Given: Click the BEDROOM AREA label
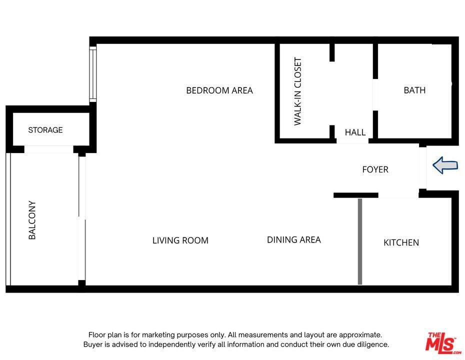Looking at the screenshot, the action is [x=219, y=90].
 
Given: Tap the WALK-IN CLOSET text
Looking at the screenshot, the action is [x=297, y=91].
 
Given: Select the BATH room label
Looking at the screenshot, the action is [x=414, y=90].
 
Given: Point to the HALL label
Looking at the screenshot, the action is [x=355, y=132].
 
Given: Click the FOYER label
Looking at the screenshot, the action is [x=375, y=169].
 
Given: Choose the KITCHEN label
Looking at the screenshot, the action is [x=401, y=242].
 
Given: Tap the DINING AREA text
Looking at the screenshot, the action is [x=294, y=239].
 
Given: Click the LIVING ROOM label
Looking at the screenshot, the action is [x=180, y=240].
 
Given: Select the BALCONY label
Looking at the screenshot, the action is [x=32, y=220].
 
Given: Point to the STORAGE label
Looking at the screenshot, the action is [x=45, y=130].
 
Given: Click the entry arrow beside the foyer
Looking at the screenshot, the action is [x=445, y=165].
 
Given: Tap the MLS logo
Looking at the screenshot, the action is [x=443, y=343].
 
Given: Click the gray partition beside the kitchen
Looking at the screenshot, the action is [x=360, y=241].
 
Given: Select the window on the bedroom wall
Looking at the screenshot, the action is [x=93, y=74].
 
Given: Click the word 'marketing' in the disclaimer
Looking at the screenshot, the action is [x=158, y=335].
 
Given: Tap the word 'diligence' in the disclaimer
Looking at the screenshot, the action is [x=372, y=344].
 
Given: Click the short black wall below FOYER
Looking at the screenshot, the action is [x=356, y=195].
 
